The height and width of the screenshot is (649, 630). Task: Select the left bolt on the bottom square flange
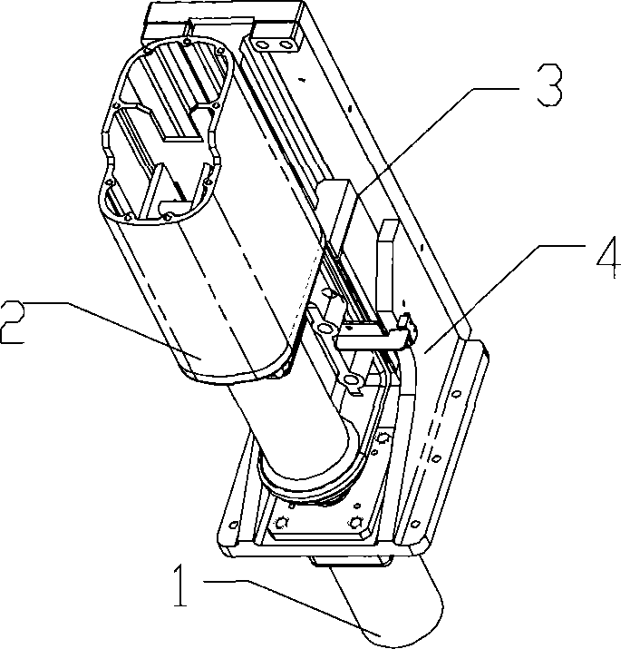coord(284,521)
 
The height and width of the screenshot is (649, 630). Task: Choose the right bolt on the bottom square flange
coord(354,523)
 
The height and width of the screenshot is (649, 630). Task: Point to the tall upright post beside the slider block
coord(386,263)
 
